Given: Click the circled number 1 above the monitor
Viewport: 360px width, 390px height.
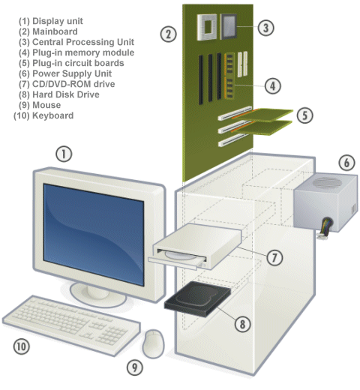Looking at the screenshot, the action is click(64, 154).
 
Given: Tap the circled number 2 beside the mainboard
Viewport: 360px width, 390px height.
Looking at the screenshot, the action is click(169, 34).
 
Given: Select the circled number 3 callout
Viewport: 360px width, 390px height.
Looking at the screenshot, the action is click(265, 28).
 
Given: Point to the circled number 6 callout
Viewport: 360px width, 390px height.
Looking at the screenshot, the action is click(346, 162).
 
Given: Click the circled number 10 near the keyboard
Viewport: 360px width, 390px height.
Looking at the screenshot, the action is click(22, 346).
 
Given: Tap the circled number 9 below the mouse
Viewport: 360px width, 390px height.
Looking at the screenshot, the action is click(135, 367).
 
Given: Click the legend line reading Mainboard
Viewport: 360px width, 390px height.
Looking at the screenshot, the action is click(48, 31).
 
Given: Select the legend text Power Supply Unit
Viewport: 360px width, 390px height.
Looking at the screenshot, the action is click(65, 73).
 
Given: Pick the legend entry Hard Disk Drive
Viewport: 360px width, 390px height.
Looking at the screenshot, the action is click(59, 94).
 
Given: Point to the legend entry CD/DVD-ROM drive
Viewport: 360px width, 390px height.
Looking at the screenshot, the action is click(67, 84).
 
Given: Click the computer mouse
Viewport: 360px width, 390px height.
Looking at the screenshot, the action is click(153, 343).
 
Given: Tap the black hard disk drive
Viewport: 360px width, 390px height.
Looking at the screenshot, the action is click(197, 298).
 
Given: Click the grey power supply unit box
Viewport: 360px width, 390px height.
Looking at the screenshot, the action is click(326, 202).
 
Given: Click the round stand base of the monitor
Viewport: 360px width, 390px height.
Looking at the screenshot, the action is click(98, 295).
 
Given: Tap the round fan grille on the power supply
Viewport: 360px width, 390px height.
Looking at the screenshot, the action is click(327, 182).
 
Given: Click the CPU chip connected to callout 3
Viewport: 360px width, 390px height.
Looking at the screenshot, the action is click(228, 26).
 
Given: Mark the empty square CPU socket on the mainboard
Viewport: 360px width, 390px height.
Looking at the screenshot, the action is click(207, 27).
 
